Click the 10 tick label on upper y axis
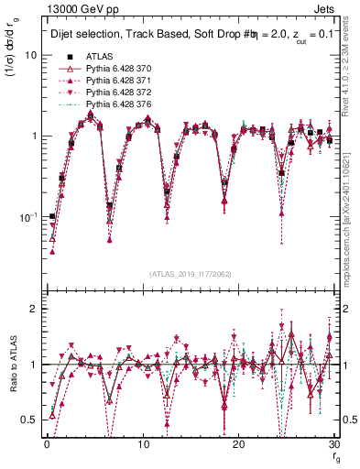(30, 55)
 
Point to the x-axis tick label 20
(238, 443)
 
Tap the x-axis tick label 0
(46, 443)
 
